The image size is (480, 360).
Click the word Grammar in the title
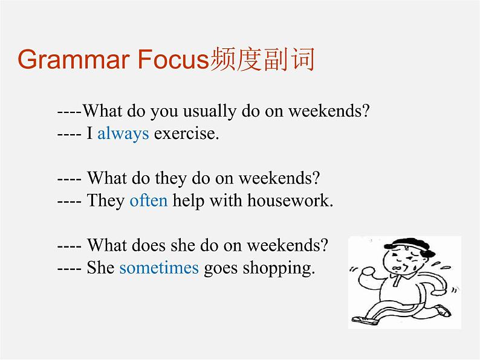[74, 61]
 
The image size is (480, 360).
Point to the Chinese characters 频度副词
[262, 61]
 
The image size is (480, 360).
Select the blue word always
[123, 133]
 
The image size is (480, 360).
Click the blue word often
[148, 201]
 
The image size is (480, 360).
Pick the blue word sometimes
[158, 268]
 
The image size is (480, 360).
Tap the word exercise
[186, 133]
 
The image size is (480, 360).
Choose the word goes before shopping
[221, 268]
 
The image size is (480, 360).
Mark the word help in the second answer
[187, 201]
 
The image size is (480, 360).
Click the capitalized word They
[106, 201]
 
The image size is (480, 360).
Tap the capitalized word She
[100, 268]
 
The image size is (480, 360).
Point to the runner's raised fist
[365, 275]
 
